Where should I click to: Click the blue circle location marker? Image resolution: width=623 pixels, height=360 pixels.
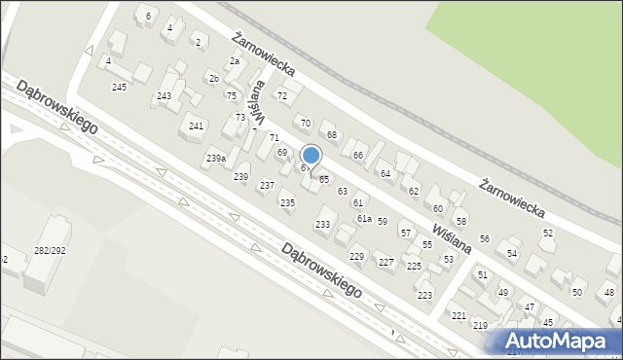coord(311,155)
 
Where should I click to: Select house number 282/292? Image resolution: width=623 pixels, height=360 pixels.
coord(50,250)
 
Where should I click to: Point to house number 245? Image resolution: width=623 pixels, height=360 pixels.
coord(119,88)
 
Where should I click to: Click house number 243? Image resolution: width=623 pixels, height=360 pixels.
coord(164,95)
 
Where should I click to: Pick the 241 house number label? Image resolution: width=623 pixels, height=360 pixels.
coord(196,126)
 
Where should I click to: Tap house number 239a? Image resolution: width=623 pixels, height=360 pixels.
coord(216,158)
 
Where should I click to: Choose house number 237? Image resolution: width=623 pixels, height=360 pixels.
coord(267,185)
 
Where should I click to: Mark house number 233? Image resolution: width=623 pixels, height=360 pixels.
coord(322,225)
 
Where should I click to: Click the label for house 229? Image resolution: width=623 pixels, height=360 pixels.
coord(356,256)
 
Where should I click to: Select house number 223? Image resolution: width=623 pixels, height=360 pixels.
coord(424,295)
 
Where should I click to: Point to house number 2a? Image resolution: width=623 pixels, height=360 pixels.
coord(234,60)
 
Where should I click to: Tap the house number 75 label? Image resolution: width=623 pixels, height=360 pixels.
coord(231,95)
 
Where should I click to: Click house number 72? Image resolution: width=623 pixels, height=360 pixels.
coord(282,95)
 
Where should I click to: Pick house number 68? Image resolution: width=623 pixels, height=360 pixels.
coord(331,134)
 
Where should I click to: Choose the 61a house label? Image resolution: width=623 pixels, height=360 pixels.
coord(363,219)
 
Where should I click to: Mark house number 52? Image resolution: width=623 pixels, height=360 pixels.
coord(548,233)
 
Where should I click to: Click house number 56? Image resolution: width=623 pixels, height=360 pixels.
coord(484,239)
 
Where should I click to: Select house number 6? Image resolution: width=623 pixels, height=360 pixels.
coord(148,17)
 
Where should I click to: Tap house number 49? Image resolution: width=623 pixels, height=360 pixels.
coord(502,292)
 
